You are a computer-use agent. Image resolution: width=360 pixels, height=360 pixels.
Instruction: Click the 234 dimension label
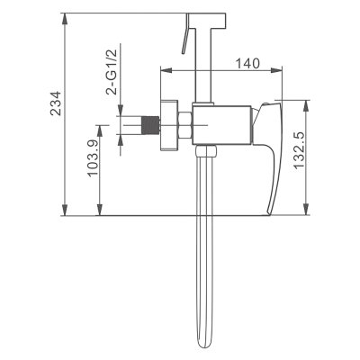click(x=56, y=103)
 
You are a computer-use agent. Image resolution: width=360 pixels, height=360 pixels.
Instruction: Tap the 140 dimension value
click(x=247, y=63)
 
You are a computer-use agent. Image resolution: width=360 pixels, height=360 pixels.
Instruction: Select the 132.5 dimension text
click(x=299, y=150)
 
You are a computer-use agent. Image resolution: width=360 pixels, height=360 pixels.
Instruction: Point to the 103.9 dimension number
click(x=94, y=158)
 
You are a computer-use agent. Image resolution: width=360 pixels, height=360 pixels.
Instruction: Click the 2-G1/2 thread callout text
click(x=112, y=72)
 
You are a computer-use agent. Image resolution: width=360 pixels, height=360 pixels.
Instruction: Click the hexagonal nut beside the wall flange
click(x=184, y=125)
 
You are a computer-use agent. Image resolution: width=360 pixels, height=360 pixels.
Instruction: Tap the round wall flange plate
click(x=169, y=125)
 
